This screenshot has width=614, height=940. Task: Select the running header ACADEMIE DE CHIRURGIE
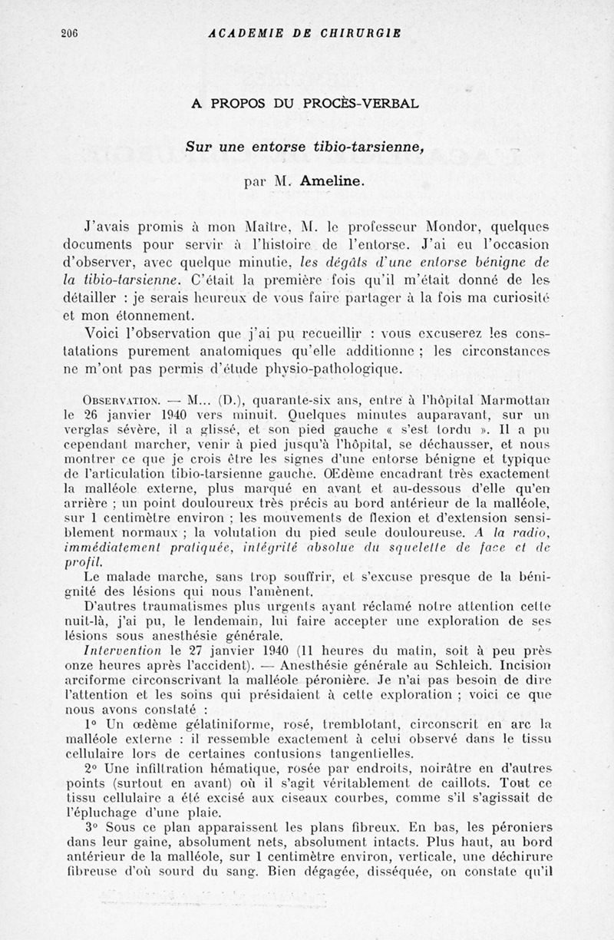(305, 33)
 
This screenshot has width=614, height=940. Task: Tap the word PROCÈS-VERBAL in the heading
(366, 102)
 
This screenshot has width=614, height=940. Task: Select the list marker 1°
(91, 724)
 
